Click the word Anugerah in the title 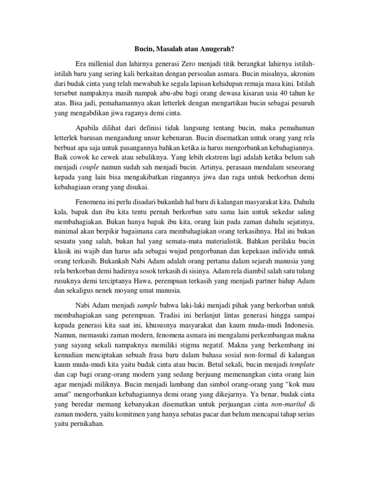tap(217, 49)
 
